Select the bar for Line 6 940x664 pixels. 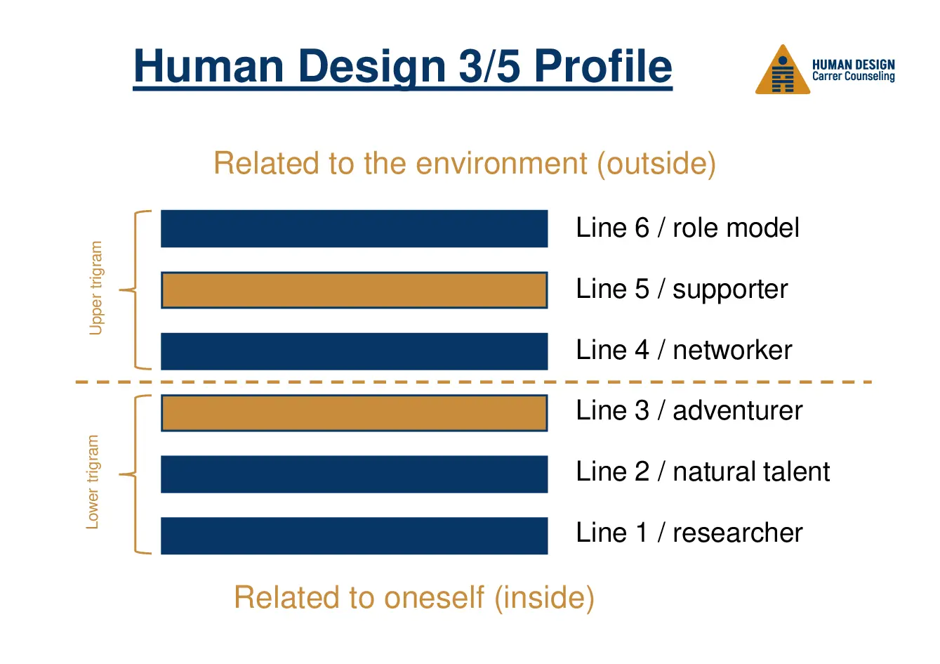pyautogui.click(x=355, y=228)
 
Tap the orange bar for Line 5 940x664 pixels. pyautogui.click(x=355, y=289)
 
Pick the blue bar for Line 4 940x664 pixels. pyautogui.click(x=355, y=351)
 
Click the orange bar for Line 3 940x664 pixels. pyautogui.click(x=355, y=413)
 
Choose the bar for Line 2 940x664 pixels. pyautogui.click(x=355, y=474)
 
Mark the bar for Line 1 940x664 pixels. pyautogui.click(x=355, y=535)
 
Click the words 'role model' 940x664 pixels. pyautogui.click(x=736, y=228)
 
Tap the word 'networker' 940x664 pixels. pyautogui.click(x=732, y=351)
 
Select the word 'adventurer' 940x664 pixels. pyautogui.click(x=738, y=411)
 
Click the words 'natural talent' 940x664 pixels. pyautogui.click(x=751, y=471)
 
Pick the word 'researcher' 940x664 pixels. pyautogui.click(x=738, y=533)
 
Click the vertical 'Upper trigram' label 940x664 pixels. pyautogui.click(x=96, y=288)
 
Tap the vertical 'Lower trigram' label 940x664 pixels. pyautogui.click(x=93, y=482)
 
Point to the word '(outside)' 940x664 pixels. pyautogui.click(x=657, y=164)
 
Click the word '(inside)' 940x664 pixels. pyautogui.click(x=545, y=598)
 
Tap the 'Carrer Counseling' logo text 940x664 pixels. pyautogui.click(x=854, y=77)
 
